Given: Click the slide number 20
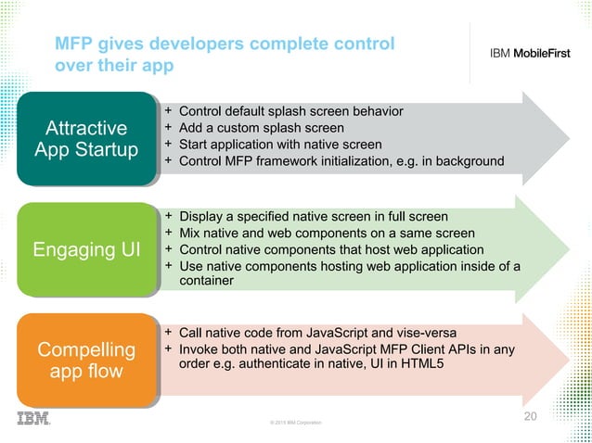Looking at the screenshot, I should pos(530,416).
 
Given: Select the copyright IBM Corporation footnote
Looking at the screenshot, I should pos(295,423).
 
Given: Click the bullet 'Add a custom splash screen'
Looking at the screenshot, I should pos(261,128).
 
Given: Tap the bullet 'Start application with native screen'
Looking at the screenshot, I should pos(279,145).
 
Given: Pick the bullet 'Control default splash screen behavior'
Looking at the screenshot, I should pos(290,111).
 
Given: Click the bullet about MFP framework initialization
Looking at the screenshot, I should pos(341,161).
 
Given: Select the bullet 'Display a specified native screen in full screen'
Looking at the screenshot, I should pos(313,217).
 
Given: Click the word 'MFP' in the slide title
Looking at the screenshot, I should pos(76,44).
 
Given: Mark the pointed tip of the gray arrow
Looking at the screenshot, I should pos(568,136).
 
